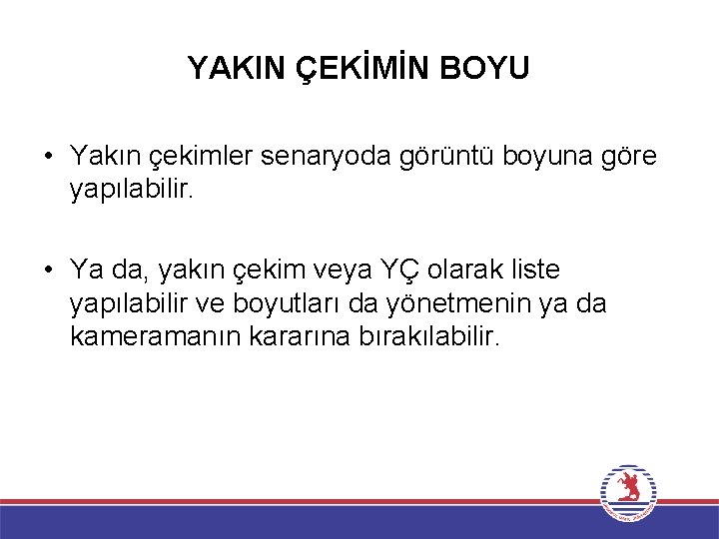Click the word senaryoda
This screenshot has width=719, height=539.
click(338, 157)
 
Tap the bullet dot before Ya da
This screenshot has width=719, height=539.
click(48, 270)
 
